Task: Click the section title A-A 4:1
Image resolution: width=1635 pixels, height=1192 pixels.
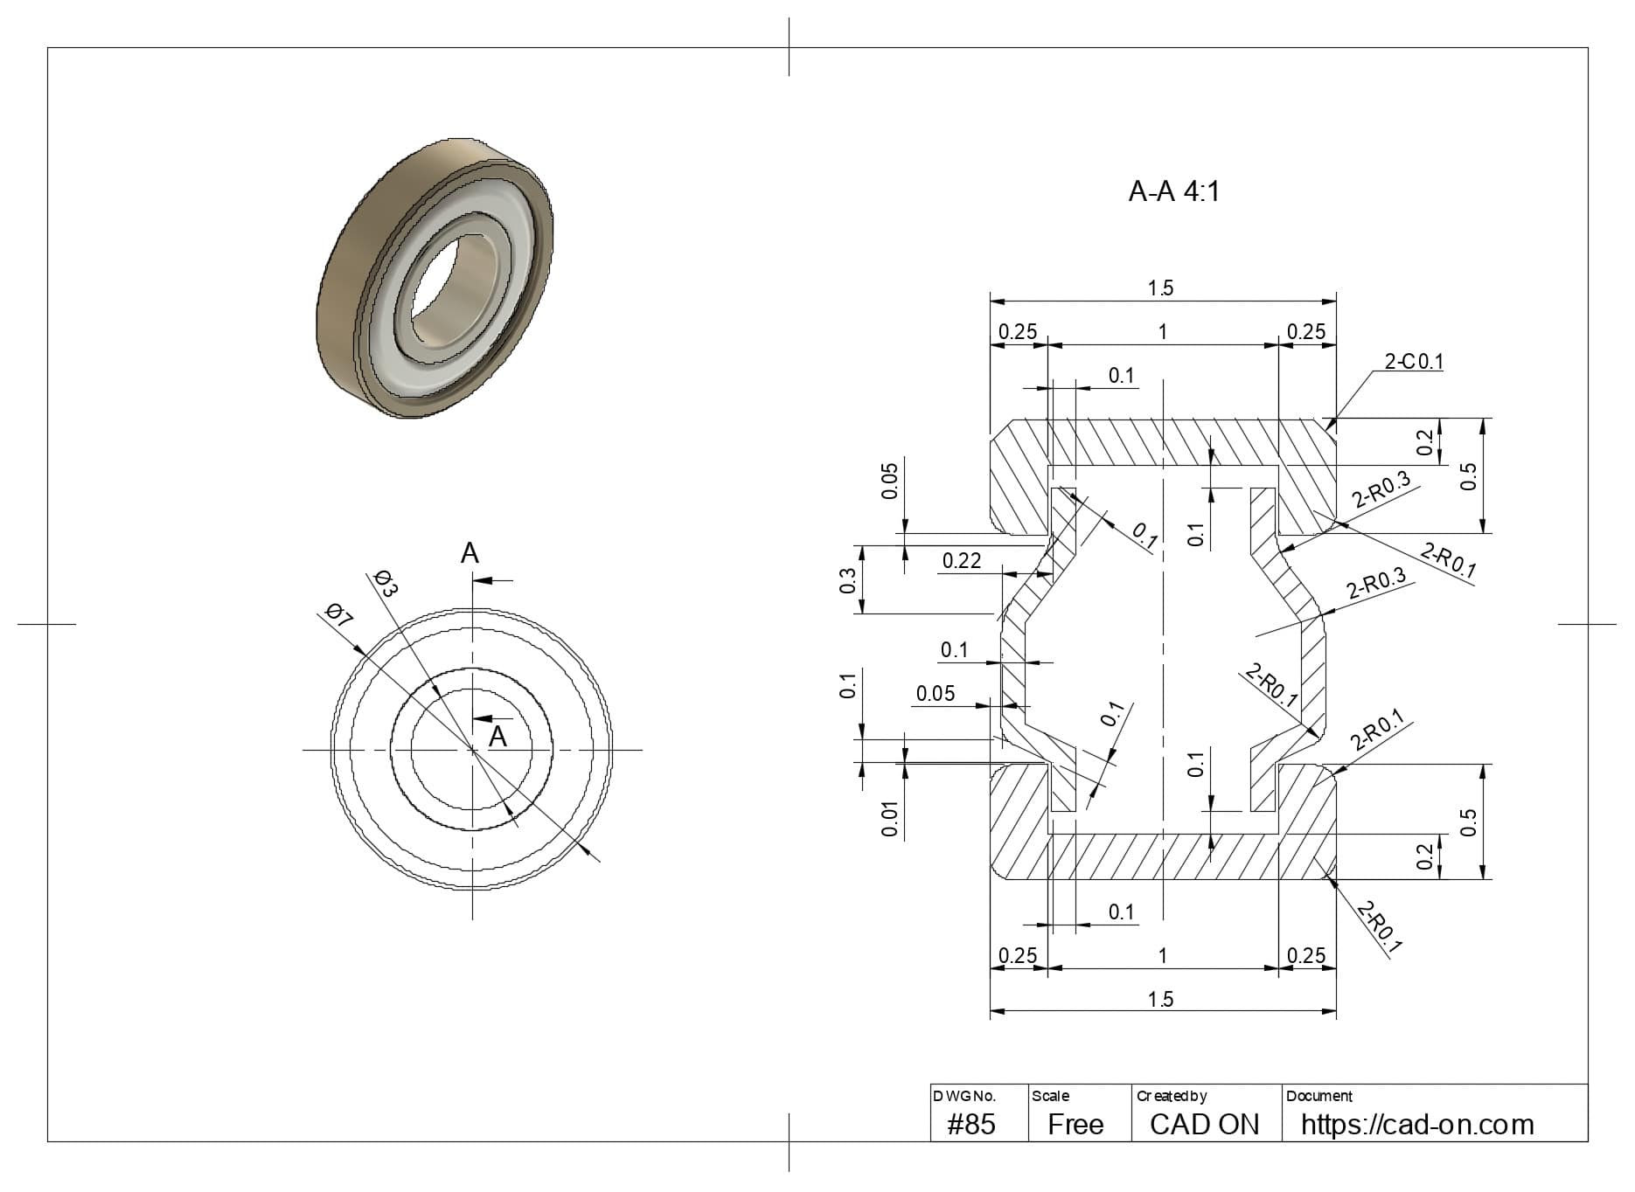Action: click(1173, 191)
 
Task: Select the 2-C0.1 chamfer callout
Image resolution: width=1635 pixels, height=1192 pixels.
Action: click(1414, 361)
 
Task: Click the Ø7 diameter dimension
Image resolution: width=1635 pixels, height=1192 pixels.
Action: click(338, 615)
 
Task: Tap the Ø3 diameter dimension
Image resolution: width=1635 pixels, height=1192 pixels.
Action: click(386, 583)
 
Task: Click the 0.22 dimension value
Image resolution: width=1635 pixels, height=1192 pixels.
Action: click(961, 561)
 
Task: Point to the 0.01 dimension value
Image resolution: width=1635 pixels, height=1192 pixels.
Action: click(889, 820)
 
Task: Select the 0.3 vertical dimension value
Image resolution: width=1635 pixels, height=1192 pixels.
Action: click(847, 580)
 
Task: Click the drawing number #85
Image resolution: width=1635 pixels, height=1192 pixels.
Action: click(971, 1124)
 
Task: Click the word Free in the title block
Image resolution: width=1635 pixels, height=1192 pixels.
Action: click(1075, 1124)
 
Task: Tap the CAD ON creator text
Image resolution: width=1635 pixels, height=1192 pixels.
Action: click(1204, 1124)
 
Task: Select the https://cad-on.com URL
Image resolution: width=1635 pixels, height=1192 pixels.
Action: click(1416, 1124)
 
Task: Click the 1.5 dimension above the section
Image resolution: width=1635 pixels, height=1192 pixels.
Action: click(1160, 288)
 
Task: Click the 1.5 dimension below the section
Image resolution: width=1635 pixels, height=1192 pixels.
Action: click(1160, 999)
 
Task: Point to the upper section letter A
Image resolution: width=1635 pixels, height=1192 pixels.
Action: click(470, 553)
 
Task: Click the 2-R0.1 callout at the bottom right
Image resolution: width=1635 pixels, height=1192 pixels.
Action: click(1380, 926)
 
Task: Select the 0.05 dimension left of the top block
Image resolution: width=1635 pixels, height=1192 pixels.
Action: click(889, 481)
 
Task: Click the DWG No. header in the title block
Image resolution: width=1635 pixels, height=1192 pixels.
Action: click(964, 1096)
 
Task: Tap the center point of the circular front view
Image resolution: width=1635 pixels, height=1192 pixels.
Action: click(472, 749)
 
